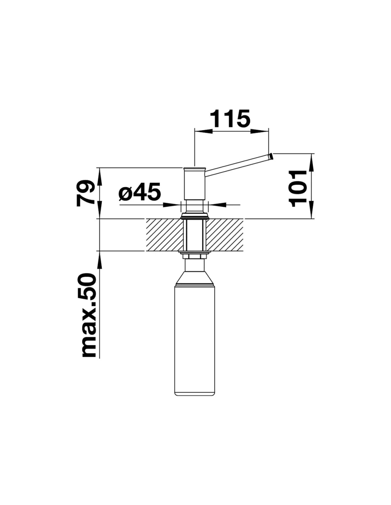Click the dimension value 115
click(230, 119)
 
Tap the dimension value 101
click(298, 189)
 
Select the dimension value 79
click(85, 193)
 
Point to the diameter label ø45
click(139, 192)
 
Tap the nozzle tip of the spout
click(271, 156)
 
